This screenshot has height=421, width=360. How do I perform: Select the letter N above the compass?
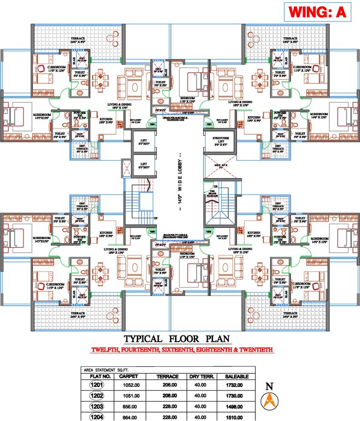[x=268, y=386]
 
